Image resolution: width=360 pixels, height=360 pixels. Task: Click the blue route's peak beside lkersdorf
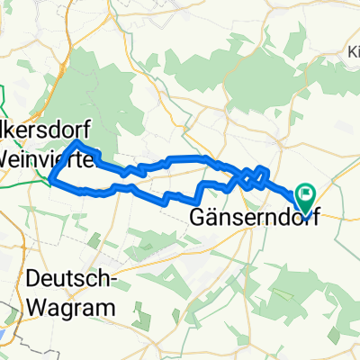[x=78, y=142]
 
